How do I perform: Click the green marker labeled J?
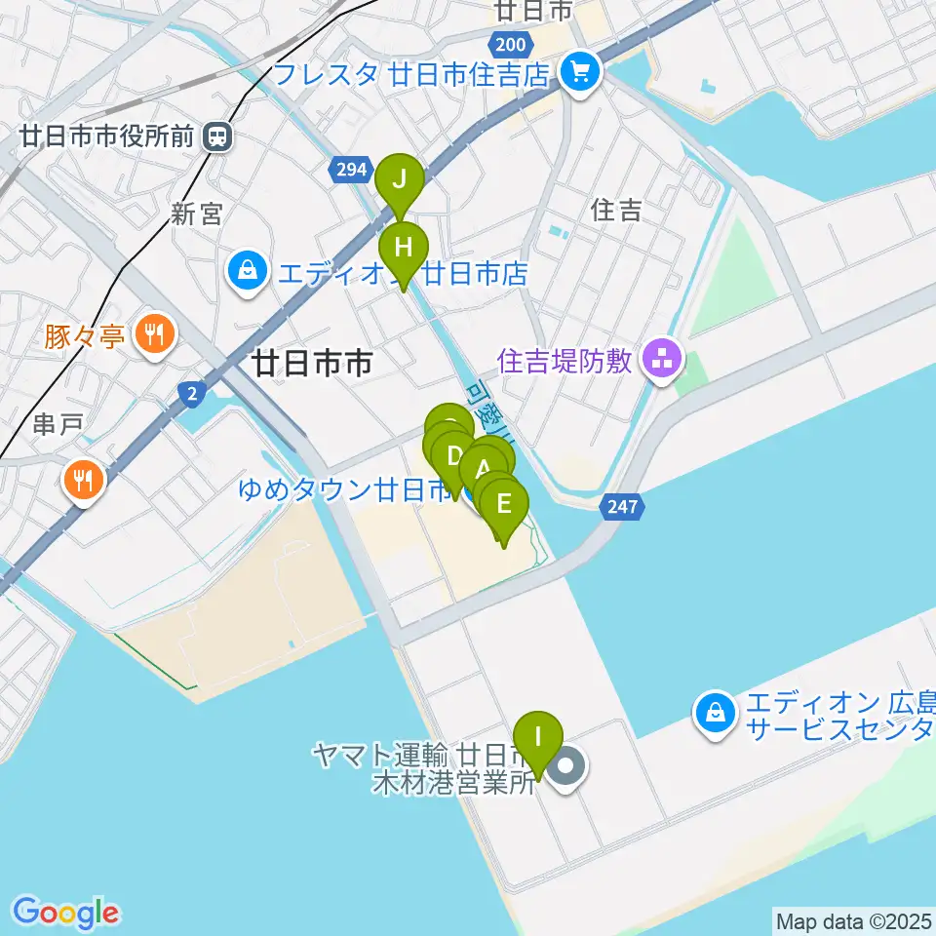click(x=400, y=179)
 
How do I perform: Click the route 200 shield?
click(x=509, y=44)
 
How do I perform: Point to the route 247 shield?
click(x=623, y=506)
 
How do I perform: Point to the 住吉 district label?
click(x=616, y=210)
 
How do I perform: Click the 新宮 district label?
click(x=197, y=214)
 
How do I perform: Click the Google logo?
click(x=65, y=913)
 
